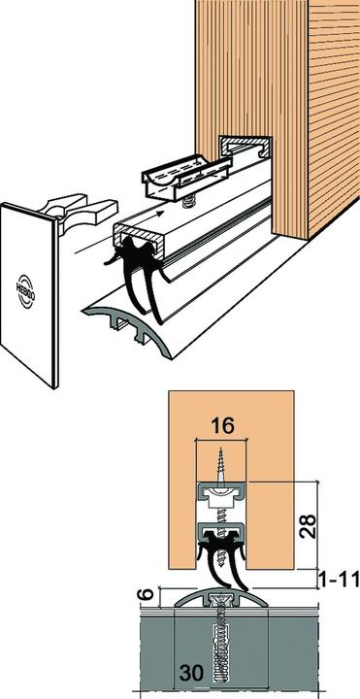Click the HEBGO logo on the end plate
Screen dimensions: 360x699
25,290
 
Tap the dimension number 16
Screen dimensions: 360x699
222,426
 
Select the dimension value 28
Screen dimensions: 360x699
308,526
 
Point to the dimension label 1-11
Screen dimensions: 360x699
340,580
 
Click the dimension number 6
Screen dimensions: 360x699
148,594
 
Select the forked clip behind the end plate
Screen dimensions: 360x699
81,212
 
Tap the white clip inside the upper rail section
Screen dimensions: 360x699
221,498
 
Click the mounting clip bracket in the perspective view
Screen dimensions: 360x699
187,177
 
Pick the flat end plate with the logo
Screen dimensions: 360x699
29,295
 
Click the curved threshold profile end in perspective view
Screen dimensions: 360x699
128,329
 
